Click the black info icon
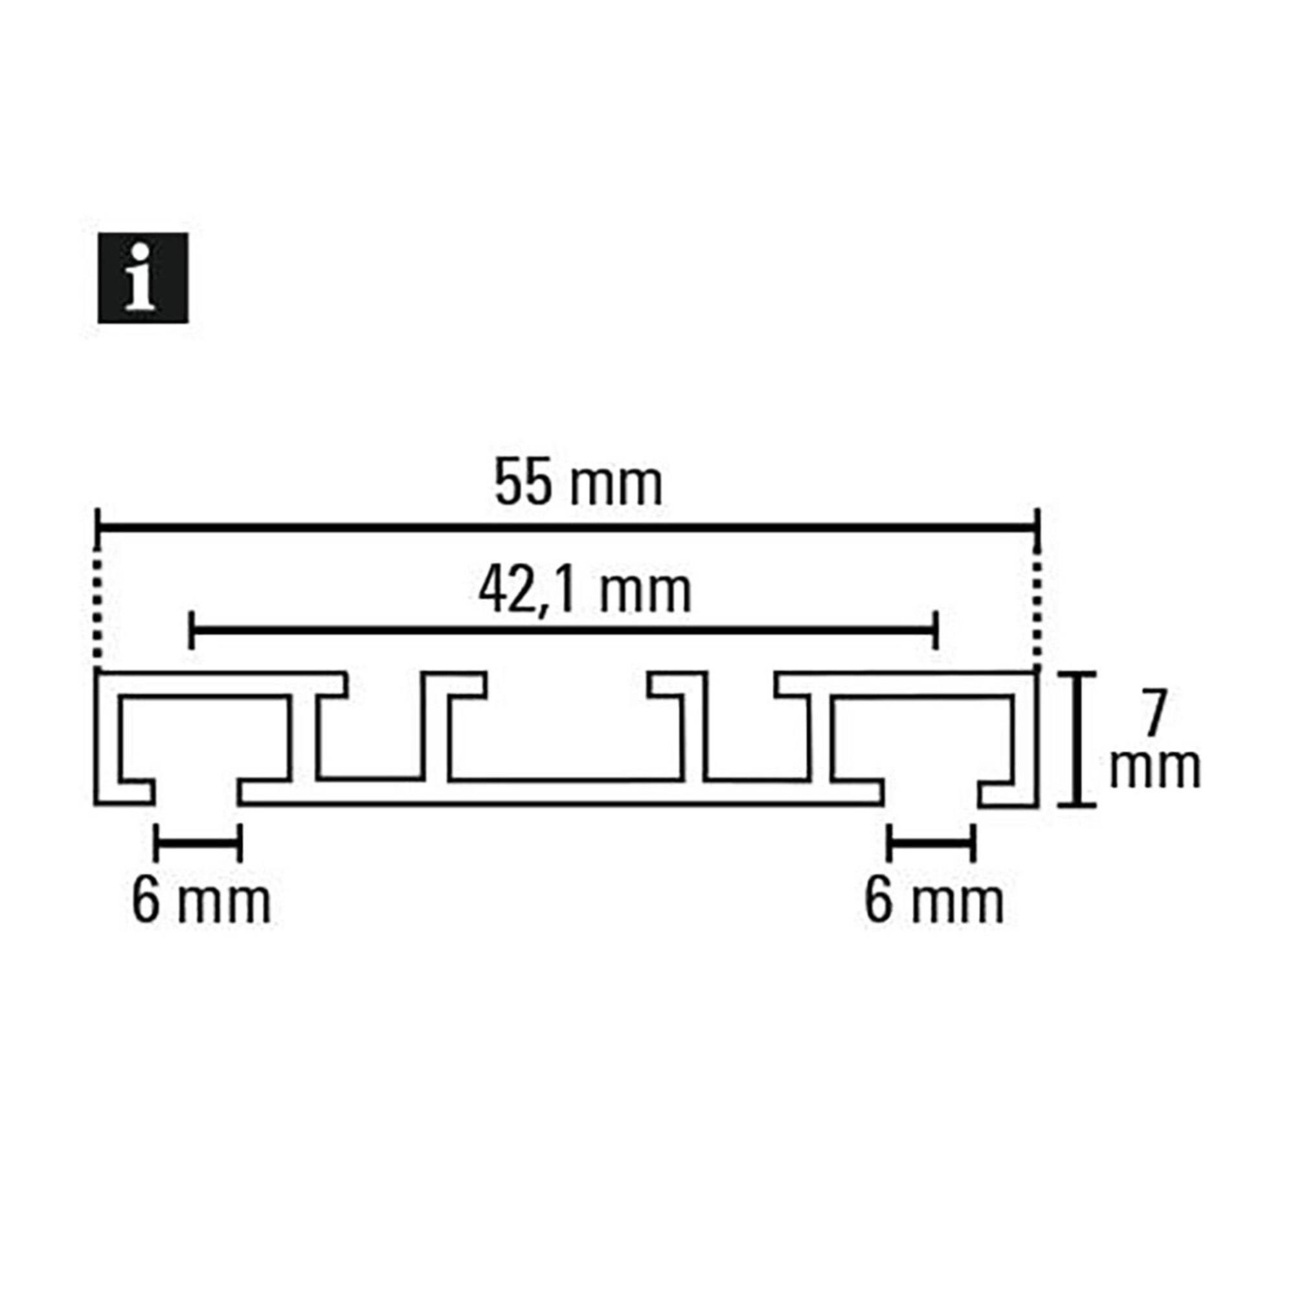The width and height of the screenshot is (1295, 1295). click(x=142, y=278)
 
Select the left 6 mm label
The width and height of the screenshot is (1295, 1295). click(x=201, y=902)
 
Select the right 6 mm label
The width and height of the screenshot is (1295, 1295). click(x=934, y=902)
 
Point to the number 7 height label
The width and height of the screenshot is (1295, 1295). click(x=1154, y=718)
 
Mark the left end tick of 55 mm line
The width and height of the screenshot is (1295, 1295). click(x=98, y=530)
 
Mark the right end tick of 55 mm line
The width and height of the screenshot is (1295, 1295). click(x=1037, y=530)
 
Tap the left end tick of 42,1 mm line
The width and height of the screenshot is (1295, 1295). click(x=192, y=630)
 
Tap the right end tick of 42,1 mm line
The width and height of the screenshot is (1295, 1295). click(x=935, y=630)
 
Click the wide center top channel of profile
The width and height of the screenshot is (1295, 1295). click(x=567, y=727)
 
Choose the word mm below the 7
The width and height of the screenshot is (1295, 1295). click(x=1155, y=768)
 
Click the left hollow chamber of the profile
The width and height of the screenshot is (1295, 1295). click(x=205, y=738)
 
